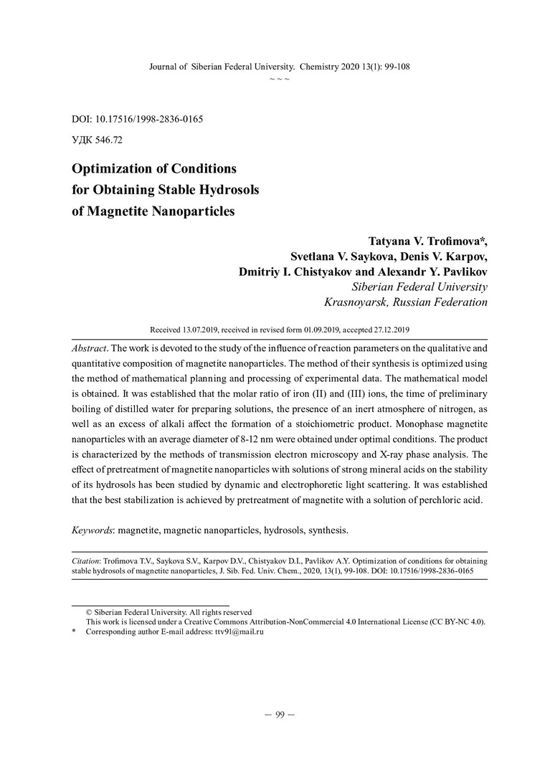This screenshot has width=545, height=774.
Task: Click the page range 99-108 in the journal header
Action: pos(393,66)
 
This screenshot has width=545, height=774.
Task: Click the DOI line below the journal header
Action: pos(141,118)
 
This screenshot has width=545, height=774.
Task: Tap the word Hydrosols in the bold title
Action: pos(227,191)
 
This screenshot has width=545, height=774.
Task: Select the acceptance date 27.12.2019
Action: pos(388,330)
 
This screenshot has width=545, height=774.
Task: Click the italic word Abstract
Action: pos(90,345)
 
